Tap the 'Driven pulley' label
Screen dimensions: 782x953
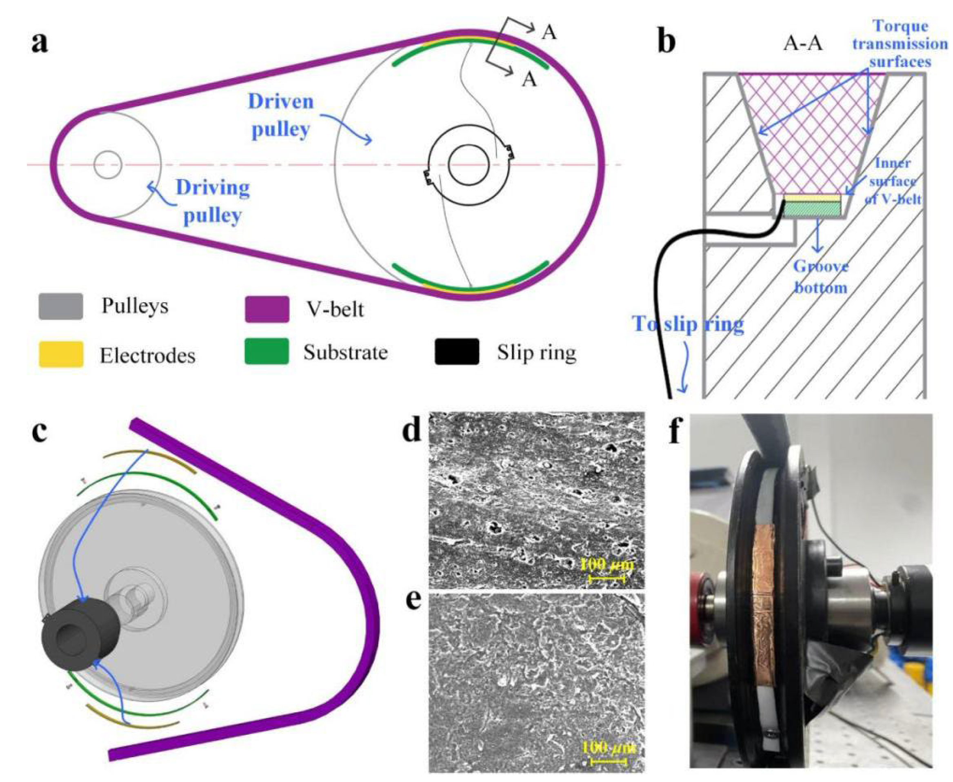(x=281, y=115)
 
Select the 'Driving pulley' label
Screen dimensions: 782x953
(x=213, y=201)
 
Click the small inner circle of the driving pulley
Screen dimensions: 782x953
(x=108, y=164)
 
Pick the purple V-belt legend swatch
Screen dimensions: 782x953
(x=267, y=309)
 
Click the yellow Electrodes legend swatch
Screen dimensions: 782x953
(x=61, y=354)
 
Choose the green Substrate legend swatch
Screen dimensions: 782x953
(x=267, y=351)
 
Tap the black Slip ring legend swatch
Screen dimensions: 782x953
(x=456, y=351)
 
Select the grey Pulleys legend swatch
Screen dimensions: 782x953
(x=61, y=306)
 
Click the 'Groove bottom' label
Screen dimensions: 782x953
(x=820, y=277)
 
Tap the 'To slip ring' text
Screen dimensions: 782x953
(x=688, y=323)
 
